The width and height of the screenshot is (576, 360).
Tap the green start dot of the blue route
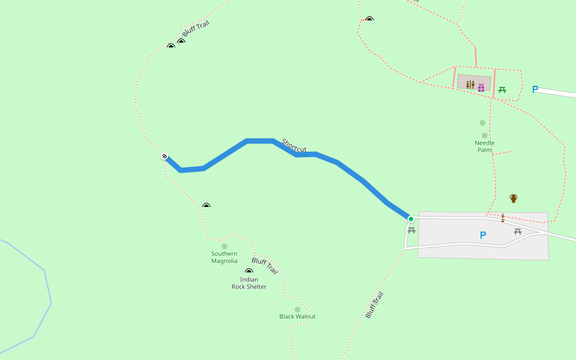tap(411, 219)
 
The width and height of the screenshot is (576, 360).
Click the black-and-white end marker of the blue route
tap(164, 157)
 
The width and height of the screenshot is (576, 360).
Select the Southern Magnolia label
tap(224, 257)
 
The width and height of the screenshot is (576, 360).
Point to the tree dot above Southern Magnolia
tap(224, 246)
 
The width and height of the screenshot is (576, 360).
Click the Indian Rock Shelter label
tap(249, 283)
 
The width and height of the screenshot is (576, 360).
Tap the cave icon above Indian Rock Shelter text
tap(249, 271)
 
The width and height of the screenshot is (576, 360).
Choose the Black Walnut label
tap(297, 317)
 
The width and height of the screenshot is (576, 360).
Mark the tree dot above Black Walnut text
tap(297, 310)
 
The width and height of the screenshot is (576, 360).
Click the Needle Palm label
tap(484, 146)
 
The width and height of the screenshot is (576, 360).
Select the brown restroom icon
tap(470, 85)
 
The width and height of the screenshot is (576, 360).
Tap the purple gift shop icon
tap(481, 88)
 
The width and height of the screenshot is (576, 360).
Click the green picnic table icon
tap(502, 90)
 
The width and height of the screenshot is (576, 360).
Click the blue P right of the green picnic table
tap(535, 90)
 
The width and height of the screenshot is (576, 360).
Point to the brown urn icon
tap(514, 198)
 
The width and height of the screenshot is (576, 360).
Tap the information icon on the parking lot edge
tap(503, 217)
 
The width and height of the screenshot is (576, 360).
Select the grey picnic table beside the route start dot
tap(412, 230)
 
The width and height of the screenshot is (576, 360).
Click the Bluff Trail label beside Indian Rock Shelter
tap(265, 265)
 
